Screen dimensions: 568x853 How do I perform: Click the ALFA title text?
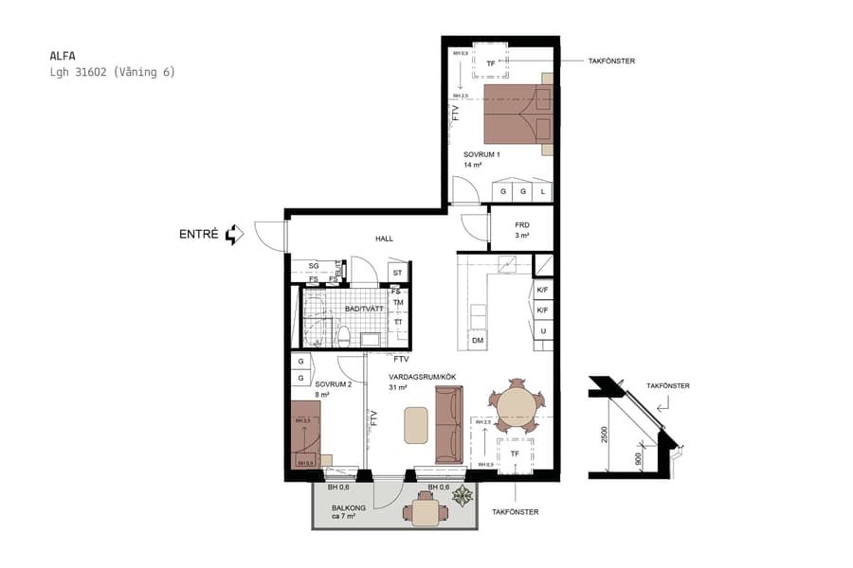[63, 55]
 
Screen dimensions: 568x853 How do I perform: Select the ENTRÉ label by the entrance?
[199, 234]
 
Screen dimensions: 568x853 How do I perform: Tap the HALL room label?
[384, 239]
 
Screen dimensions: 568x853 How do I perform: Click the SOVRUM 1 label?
[481, 154]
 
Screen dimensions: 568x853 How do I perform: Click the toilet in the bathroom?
[345, 336]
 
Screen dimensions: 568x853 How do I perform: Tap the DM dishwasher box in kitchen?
[478, 340]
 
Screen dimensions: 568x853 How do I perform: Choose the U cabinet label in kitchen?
[542, 330]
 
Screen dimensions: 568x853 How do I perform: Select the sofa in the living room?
[448, 424]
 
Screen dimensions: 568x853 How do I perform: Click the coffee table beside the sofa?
[416, 425]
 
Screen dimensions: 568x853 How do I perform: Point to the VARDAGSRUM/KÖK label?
[423, 377]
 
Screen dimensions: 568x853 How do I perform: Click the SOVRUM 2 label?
[333, 384]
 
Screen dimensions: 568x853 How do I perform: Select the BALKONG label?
[348, 507]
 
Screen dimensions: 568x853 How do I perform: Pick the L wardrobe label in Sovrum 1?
[542, 191]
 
